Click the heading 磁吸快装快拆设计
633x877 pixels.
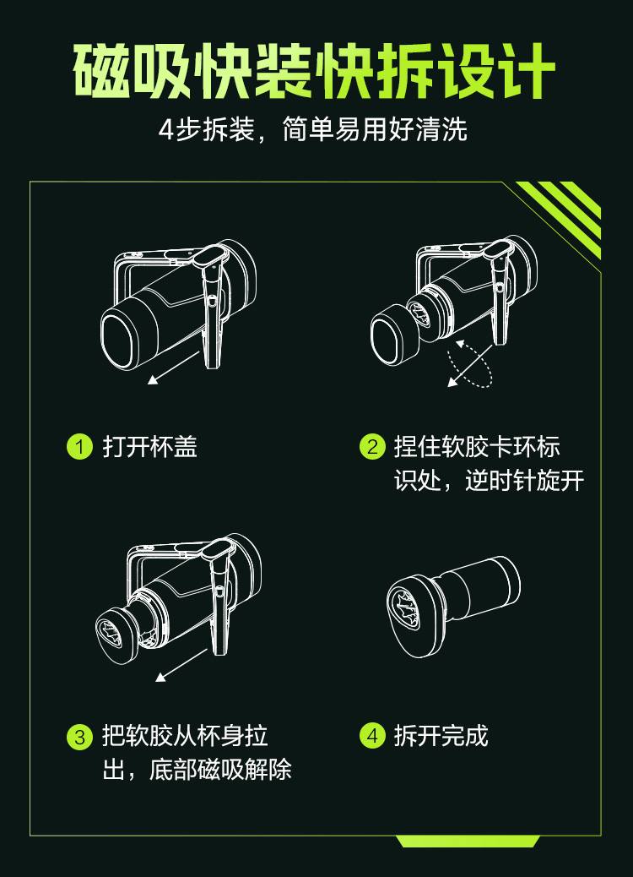[314, 71]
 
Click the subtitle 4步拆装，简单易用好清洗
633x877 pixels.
[313, 130]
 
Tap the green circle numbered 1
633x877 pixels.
[79, 447]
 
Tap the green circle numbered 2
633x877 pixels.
[372, 447]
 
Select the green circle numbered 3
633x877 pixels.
[79, 737]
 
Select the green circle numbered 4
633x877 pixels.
[372, 736]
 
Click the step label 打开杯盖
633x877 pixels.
[149, 447]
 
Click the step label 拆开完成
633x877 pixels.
[441, 736]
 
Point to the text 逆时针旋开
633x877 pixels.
[525, 481]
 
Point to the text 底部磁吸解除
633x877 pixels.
[220, 771]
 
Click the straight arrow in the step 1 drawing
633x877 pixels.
[173, 368]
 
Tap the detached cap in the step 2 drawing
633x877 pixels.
[394, 335]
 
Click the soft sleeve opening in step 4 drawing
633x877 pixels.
[404, 607]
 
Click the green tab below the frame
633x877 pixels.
[468, 841]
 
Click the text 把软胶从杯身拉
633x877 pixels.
[185, 737]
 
